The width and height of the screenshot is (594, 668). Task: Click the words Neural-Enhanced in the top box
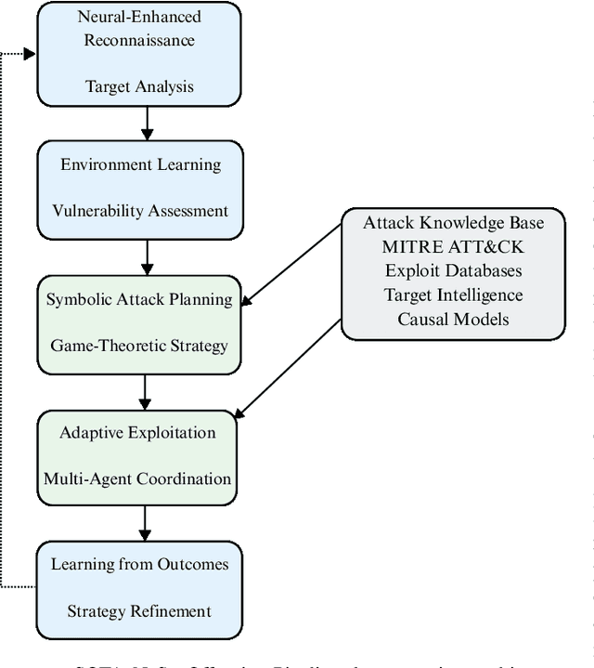pos(139,17)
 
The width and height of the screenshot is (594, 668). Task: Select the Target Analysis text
pos(139,86)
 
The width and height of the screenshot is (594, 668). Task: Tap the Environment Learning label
pos(141,164)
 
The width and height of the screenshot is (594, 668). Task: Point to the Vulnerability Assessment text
pos(141,211)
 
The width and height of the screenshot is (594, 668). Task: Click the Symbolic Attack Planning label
pos(139,299)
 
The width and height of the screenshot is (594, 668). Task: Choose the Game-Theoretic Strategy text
pos(139,346)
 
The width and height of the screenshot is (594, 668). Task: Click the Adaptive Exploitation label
pos(137,432)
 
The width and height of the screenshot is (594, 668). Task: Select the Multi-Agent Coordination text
pos(137,478)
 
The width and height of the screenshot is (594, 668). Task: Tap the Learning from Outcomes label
pos(139,564)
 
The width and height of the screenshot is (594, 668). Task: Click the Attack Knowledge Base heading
pos(453,223)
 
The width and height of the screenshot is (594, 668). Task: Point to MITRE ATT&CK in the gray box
pos(453,247)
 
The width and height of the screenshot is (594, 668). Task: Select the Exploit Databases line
pos(453,271)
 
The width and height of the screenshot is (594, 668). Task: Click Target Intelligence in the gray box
pos(453,295)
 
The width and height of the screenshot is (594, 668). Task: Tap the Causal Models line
pos(453,319)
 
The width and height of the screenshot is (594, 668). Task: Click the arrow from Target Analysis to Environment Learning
pos(146,123)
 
